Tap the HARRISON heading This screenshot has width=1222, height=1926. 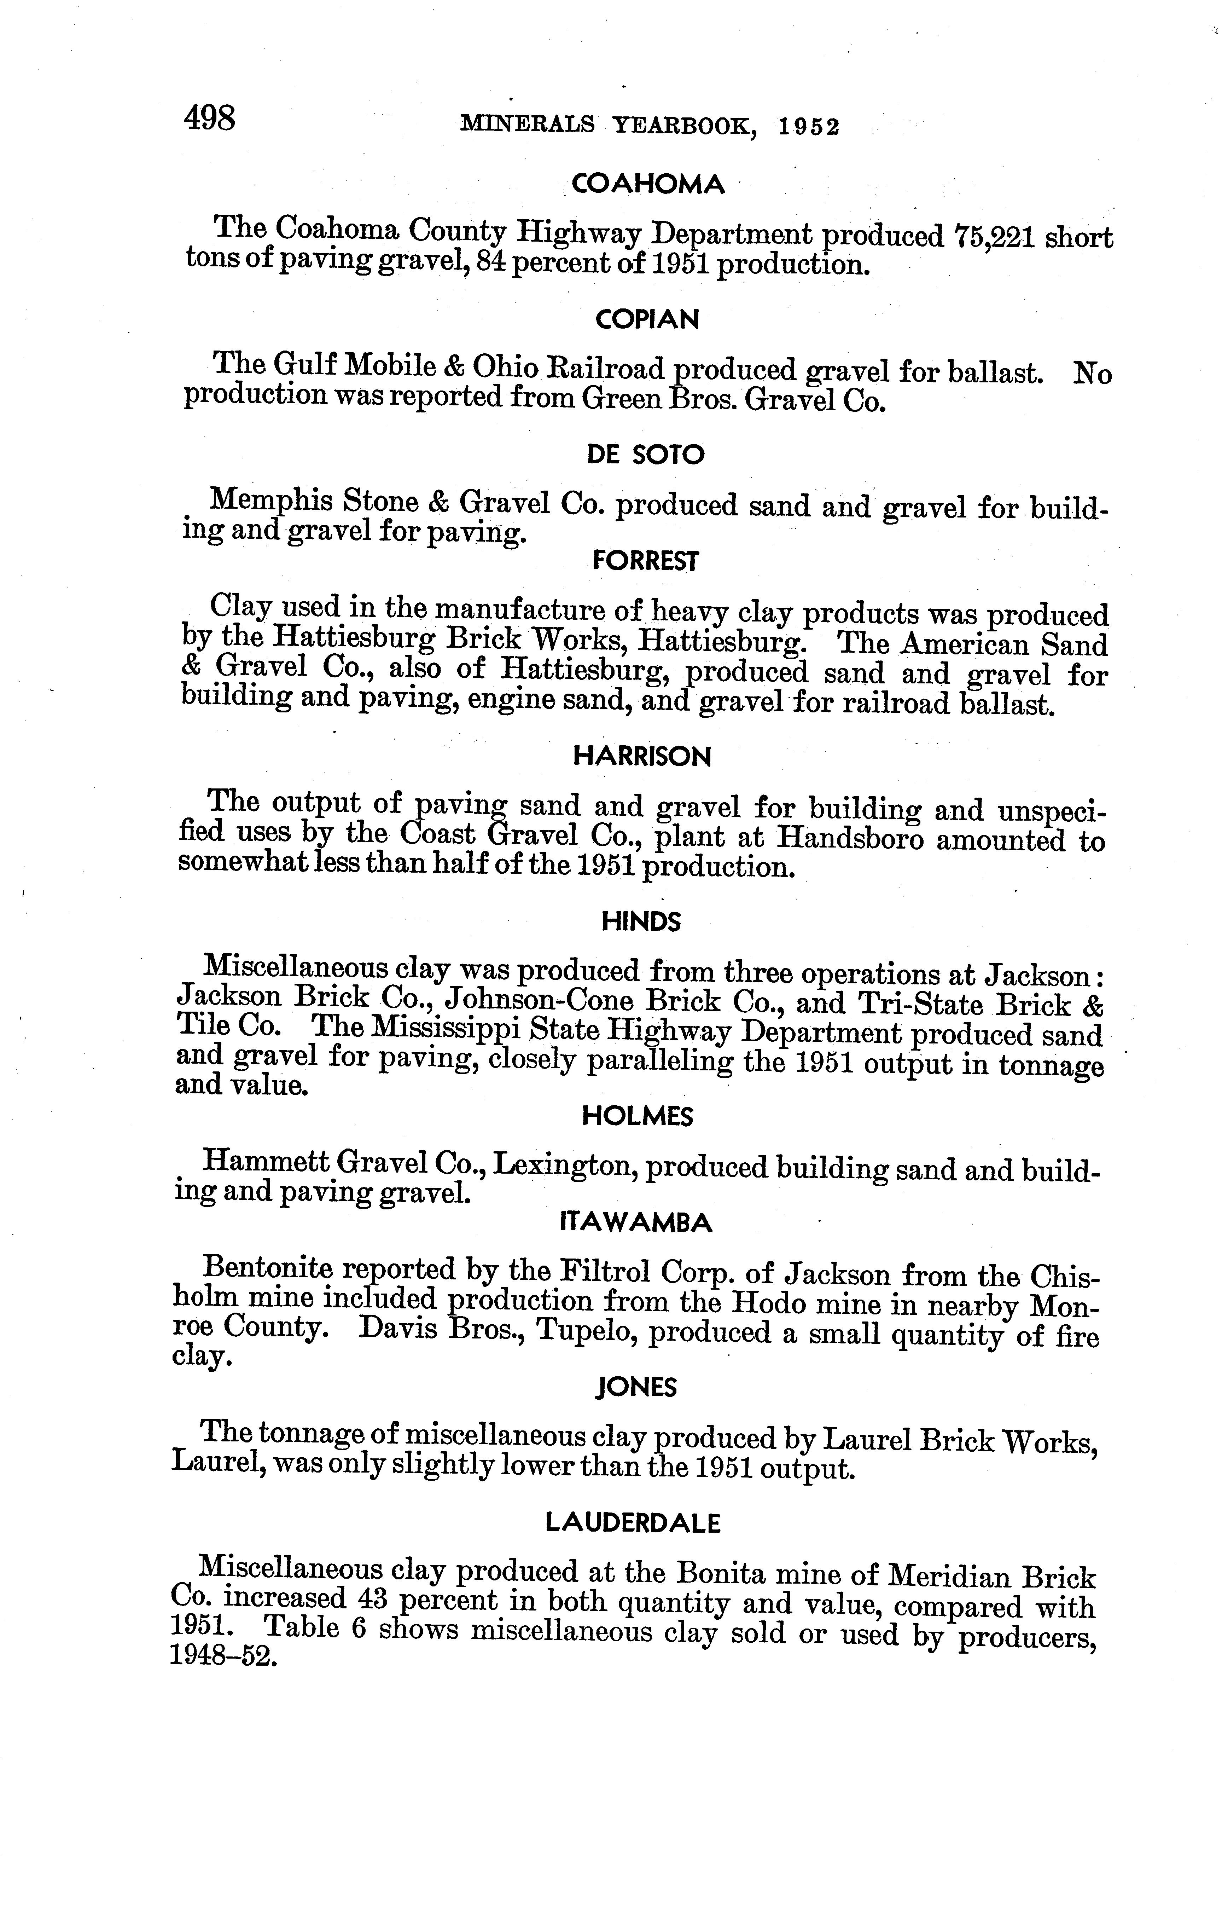[x=642, y=757]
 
